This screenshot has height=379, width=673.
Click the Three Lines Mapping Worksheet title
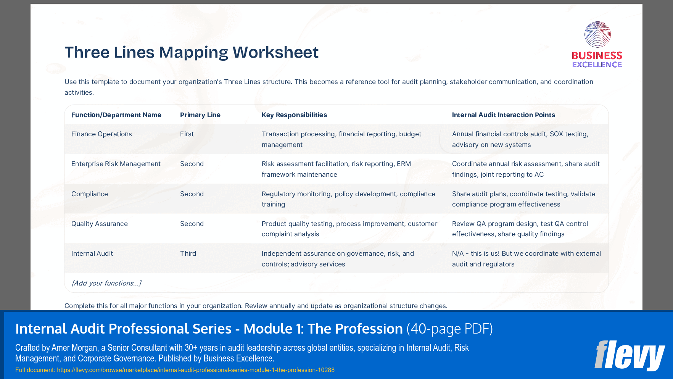(x=191, y=52)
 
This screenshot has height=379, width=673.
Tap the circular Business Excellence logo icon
(x=597, y=34)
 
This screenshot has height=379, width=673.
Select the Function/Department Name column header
(x=116, y=115)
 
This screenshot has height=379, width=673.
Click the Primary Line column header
(x=200, y=115)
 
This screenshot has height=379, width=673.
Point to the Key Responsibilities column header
(x=294, y=115)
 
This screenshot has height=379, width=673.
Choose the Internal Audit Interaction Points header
(x=503, y=115)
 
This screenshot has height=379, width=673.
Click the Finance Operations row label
(x=101, y=134)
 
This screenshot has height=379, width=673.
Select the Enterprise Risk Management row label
(x=116, y=164)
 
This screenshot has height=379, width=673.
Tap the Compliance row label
(x=90, y=194)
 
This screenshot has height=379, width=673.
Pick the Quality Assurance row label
(x=99, y=224)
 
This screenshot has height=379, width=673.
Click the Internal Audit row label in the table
(x=92, y=253)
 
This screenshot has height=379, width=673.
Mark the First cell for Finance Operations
(x=187, y=134)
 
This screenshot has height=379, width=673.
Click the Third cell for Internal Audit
(x=188, y=253)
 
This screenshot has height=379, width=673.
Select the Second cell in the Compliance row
(x=192, y=194)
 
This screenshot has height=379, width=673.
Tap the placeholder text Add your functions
(x=106, y=283)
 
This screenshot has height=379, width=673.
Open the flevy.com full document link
(x=195, y=370)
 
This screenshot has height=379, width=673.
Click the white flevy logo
(x=630, y=355)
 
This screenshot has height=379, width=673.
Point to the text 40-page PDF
(x=449, y=329)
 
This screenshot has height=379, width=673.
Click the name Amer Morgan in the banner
(x=74, y=348)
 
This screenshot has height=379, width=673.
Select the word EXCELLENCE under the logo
(x=597, y=65)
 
